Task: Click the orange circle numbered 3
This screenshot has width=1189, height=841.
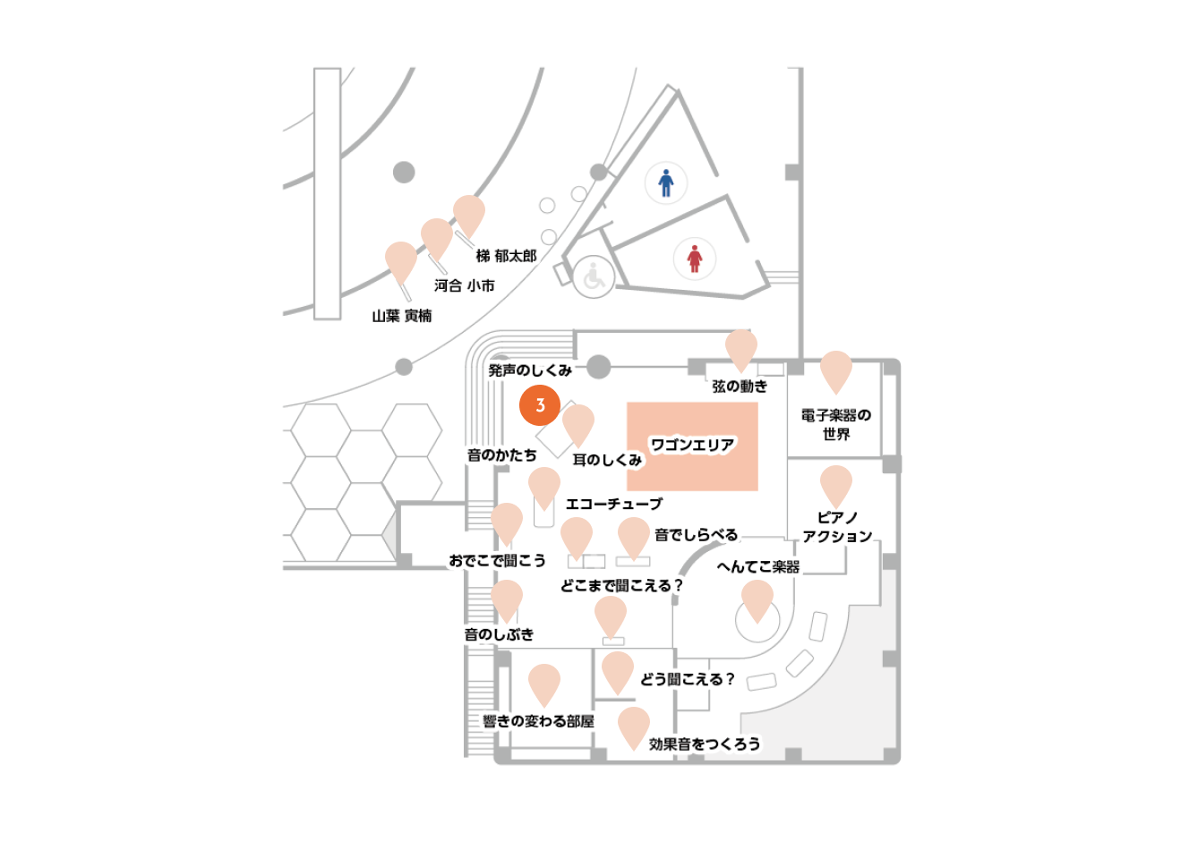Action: tap(539, 405)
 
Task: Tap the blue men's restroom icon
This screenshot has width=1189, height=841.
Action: tap(665, 183)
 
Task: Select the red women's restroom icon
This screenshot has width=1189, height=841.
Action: tap(694, 259)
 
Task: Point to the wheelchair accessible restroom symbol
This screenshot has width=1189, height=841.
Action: tap(594, 276)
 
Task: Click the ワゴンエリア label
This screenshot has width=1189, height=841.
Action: tap(692, 445)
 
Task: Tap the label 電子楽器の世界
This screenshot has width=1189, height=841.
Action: tap(836, 424)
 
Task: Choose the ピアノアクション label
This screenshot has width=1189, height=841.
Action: tap(837, 527)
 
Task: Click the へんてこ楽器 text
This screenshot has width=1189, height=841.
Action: tap(758, 566)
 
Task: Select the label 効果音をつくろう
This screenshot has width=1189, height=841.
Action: tap(705, 743)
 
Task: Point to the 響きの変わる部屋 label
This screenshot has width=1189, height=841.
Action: tap(538, 720)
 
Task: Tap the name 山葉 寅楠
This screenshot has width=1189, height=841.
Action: tap(402, 316)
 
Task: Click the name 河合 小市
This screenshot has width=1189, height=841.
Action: tap(465, 285)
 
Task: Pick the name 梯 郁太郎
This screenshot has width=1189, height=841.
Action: tap(507, 256)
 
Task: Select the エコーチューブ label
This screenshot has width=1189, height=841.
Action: tap(614, 503)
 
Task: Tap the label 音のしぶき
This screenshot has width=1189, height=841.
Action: tap(499, 633)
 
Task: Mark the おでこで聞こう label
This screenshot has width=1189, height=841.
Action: tap(498, 560)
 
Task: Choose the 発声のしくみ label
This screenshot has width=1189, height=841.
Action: tap(530, 370)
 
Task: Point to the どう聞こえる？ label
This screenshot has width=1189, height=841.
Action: tap(688, 679)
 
